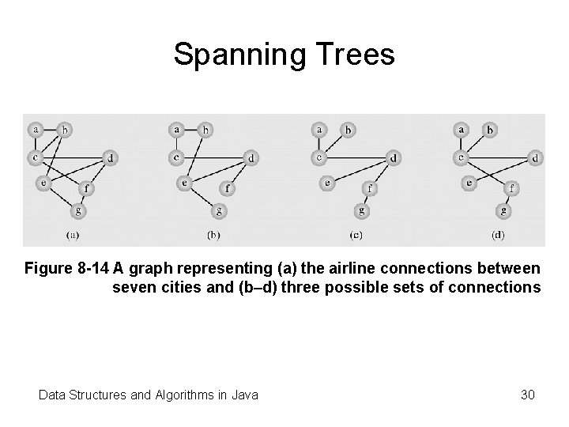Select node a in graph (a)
[35, 128]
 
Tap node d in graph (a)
[110, 158]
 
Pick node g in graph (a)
[78, 210]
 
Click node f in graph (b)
[229, 188]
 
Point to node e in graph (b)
[185, 183]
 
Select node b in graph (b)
[206, 129]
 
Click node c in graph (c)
[319, 157]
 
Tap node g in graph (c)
[362, 210]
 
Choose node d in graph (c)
[394, 158]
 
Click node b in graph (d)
[490, 129]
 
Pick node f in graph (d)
[514, 188]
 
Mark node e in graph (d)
[469, 183]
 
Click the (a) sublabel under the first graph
[72, 235]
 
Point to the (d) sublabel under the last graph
[498, 235]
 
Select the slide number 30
[527, 394]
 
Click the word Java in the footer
[243, 394]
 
